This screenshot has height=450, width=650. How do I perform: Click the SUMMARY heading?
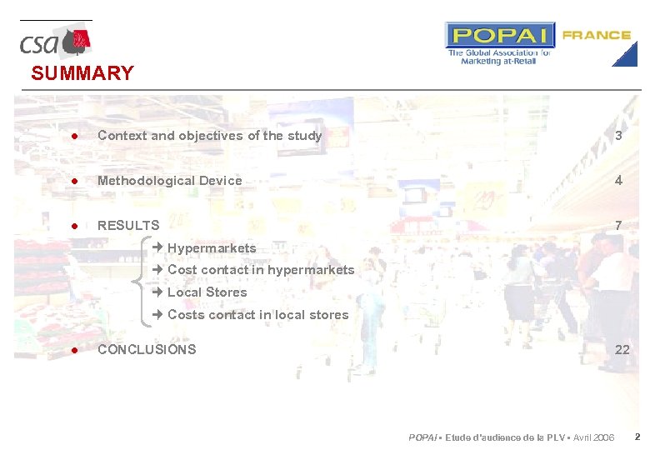(82, 73)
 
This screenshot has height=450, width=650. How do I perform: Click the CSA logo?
(55, 41)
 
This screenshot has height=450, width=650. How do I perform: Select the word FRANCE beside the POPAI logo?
(596, 35)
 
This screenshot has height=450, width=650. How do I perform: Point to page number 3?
(618, 136)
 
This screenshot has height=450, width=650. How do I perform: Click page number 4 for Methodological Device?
(618, 181)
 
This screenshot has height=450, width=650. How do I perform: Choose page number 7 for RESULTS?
(618, 226)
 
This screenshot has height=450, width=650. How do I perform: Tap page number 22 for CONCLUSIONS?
(622, 350)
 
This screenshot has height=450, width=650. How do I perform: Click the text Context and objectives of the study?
(209, 136)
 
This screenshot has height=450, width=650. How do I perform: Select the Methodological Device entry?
(169, 181)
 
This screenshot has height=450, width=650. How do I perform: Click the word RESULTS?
(128, 226)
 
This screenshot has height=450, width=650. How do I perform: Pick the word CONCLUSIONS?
(147, 350)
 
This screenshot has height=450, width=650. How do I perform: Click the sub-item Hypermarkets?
(212, 248)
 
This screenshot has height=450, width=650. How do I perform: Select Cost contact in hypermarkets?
(261, 270)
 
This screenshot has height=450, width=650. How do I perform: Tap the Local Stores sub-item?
(207, 292)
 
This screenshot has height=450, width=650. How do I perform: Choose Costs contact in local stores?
(257, 315)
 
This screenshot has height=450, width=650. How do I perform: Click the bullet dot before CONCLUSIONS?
(74, 350)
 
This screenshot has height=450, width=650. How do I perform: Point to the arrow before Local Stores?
(157, 292)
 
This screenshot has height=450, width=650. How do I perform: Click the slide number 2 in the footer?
(637, 437)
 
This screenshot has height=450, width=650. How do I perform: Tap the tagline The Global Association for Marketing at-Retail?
(499, 57)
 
